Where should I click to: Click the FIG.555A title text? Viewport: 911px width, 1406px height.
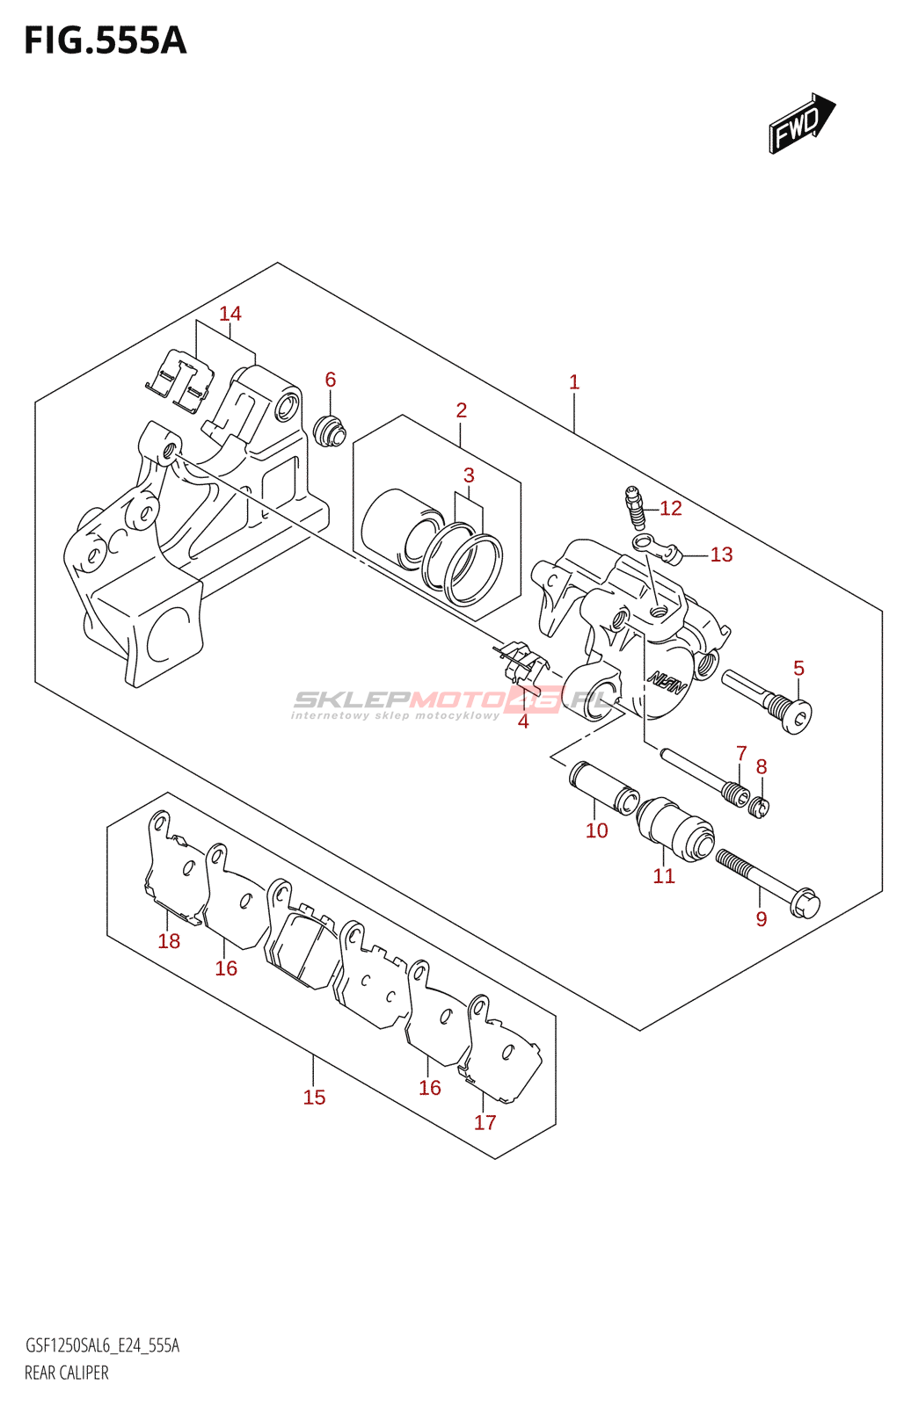pyautogui.click(x=106, y=40)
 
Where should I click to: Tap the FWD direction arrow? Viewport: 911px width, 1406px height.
pyautogui.click(x=801, y=124)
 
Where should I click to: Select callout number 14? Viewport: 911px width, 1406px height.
pyautogui.click(x=230, y=314)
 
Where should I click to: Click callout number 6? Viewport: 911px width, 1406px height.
pyautogui.click(x=331, y=380)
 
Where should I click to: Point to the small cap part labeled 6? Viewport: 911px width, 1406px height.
pyautogui.click(x=330, y=431)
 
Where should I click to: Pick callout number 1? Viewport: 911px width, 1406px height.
pyautogui.click(x=574, y=382)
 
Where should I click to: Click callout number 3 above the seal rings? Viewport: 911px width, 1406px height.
pyautogui.click(x=469, y=475)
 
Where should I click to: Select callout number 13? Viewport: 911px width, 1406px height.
pyautogui.click(x=721, y=554)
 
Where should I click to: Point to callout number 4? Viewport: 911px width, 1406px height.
pyautogui.click(x=523, y=722)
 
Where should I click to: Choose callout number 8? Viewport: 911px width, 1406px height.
pyautogui.click(x=762, y=767)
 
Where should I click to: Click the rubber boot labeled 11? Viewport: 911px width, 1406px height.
pyautogui.click(x=675, y=828)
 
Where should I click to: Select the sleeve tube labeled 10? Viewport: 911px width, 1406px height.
pyautogui.click(x=604, y=788)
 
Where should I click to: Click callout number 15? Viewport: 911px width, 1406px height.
pyautogui.click(x=314, y=1098)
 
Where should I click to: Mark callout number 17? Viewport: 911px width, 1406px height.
pyautogui.click(x=485, y=1122)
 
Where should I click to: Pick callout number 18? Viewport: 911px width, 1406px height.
pyautogui.click(x=169, y=941)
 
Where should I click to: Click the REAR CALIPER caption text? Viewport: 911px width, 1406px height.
pyautogui.click(x=67, y=1373)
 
